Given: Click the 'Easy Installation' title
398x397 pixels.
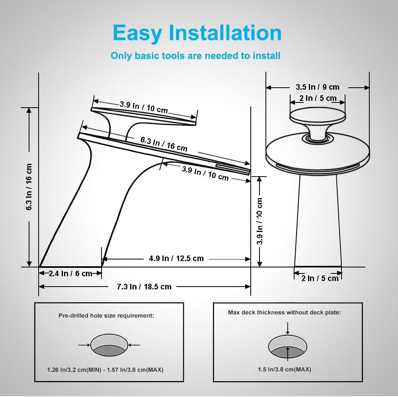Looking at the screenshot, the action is point(197,33).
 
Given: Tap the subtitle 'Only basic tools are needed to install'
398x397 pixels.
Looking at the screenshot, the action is point(195,56).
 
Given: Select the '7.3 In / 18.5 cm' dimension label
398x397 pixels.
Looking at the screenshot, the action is point(144,287).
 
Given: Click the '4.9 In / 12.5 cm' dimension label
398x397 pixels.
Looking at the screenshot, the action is point(176,258).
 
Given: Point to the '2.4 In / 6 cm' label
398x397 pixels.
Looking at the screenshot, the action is point(70,273).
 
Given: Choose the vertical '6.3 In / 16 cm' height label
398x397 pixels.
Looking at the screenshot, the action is point(29,187).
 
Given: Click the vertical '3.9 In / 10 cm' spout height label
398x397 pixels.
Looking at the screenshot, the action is point(259,221).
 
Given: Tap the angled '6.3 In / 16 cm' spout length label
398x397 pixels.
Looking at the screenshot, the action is point(164,144).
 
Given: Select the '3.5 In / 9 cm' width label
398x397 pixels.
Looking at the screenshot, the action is point(318,87).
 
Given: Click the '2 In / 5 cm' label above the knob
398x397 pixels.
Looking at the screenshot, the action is point(318,98).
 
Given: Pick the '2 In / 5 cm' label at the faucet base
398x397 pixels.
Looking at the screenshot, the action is point(320,278).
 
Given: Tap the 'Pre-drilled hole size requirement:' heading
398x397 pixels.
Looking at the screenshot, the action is point(106,316).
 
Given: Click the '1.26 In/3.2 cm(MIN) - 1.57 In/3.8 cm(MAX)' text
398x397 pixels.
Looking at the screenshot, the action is point(105,369).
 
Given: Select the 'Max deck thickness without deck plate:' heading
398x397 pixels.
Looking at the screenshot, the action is point(285,312).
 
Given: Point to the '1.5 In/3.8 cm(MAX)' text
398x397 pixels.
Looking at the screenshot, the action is point(285,369).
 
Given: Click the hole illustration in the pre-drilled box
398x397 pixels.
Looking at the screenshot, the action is point(109,345).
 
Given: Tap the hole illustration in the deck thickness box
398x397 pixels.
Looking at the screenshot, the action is point(288,346).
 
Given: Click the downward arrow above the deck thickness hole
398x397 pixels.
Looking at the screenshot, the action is point(288,328).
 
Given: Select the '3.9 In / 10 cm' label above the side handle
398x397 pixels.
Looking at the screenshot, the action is point(144,107).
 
